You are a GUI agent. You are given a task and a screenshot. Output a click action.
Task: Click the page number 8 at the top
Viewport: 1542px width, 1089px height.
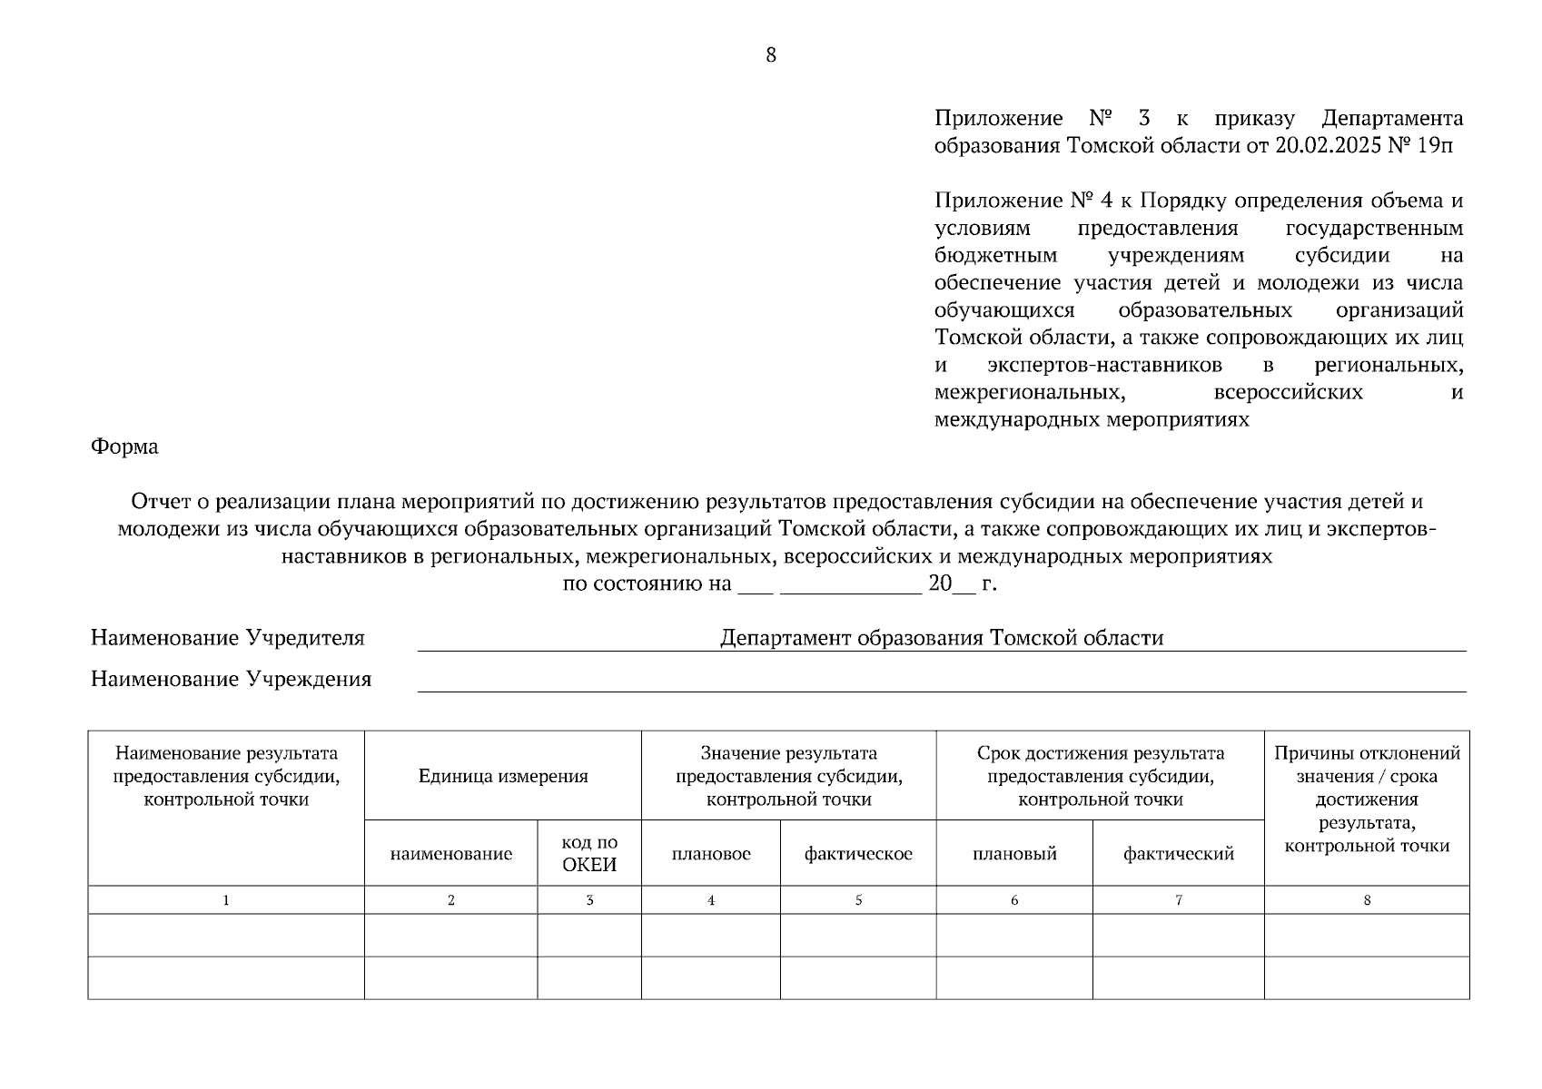[x=771, y=55]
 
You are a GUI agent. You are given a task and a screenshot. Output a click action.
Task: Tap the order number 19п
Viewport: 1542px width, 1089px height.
[x=1434, y=146]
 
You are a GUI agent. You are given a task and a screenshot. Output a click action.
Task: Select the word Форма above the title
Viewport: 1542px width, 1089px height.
[x=124, y=446]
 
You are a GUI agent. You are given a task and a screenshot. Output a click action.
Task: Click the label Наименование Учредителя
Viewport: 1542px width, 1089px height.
[x=227, y=638]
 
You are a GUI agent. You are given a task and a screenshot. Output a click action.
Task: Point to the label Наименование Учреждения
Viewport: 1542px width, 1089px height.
[x=231, y=680]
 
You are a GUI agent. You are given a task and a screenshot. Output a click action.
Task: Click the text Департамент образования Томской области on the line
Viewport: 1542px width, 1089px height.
[x=941, y=638]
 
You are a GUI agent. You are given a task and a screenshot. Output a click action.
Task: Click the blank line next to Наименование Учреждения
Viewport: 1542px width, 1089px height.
[x=941, y=682]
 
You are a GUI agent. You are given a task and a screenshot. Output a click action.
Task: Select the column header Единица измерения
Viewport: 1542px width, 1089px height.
[x=502, y=776]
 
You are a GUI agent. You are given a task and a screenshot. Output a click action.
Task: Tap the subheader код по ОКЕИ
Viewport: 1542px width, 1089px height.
[x=588, y=854]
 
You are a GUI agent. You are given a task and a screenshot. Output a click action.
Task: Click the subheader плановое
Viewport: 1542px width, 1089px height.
[x=711, y=854]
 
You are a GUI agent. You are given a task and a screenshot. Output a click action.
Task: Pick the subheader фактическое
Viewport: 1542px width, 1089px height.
[x=858, y=854]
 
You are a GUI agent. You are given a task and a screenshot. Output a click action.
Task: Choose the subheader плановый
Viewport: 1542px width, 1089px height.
[x=1013, y=854]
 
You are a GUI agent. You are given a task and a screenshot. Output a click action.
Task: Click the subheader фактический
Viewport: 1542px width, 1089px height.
[x=1178, y=854]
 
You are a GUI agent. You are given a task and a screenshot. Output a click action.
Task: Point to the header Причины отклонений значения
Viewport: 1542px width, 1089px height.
[x=1366, y=765]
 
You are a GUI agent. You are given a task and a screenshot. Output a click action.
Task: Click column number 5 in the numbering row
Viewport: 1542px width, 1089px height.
[x=858, y=900]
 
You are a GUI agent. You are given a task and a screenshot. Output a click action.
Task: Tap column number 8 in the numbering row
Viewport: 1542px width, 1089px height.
[x=1367, y=900]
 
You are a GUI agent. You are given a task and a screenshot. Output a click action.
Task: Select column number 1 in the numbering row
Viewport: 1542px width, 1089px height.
[x=226, y=900]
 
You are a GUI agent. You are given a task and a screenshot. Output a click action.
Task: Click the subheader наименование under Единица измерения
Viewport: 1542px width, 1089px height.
[x=450, y=854]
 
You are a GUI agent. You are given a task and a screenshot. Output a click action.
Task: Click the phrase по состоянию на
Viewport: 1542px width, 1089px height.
[x=647, y=584]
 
